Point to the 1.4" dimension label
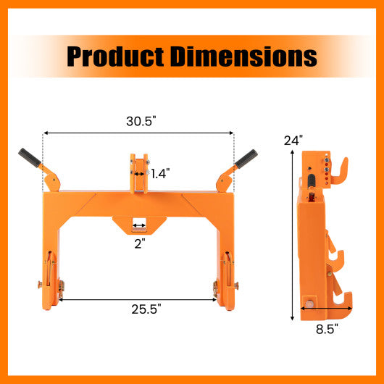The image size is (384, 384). (160, 173)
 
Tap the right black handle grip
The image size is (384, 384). (246, 157)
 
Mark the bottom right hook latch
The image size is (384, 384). (225, 283)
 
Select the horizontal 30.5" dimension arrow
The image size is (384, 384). (138, 133)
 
